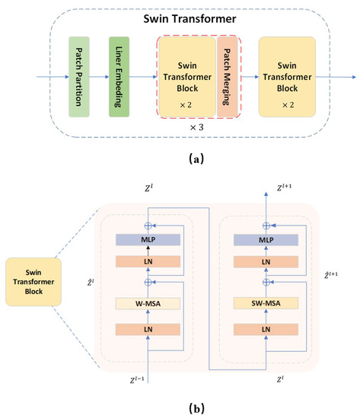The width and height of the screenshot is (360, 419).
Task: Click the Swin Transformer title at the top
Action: click(x=180, y=16)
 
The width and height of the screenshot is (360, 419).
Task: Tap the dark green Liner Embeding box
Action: click(x=119, y=76)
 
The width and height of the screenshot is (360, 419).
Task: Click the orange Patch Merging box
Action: click(x=227, y=75)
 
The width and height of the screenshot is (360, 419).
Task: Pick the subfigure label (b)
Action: click(x=180, y=408)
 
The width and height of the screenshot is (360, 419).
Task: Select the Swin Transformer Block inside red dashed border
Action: click(x=187, y=75)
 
